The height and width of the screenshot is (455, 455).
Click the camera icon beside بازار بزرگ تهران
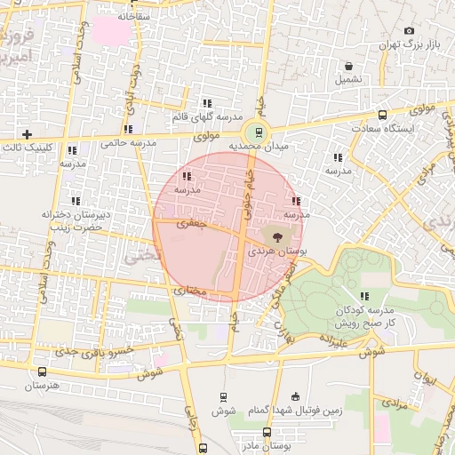pyautogui.click(x=409, y=30)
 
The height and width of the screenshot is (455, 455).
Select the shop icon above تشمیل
pyautogui.click(x=348, y=66)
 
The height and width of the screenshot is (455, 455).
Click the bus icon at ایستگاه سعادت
pyautogui.click(x=383, y=115)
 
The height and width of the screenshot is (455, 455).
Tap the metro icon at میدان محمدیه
pyautogui.click(x=259, y=132)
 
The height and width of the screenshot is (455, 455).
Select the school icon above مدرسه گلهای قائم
pyautogui.click(x=207, y=103)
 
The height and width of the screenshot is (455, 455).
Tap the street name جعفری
pyautogui.click(x=190, y=224)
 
